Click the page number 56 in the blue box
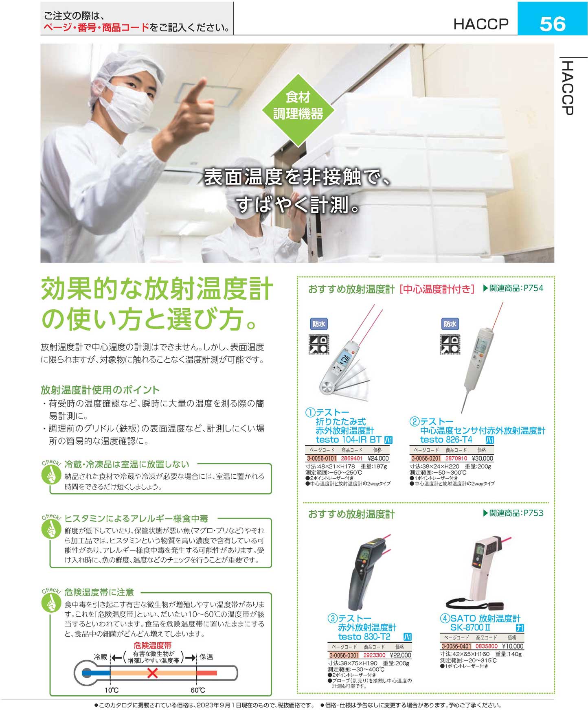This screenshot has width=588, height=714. pyautogui.click(x=552, y=24)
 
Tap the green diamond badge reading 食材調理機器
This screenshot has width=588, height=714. pyautogui.click(x=298, y=110)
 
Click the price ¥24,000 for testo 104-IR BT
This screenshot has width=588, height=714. pyautogui.click(x=378, y=458)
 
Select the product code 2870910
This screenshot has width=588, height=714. pyautogui.click(x=456, y=458)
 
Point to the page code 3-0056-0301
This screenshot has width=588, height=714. pyautogui.click(x=344, y=655)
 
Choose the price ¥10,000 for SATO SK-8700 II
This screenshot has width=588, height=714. pyautogui.click(x=513, y=646)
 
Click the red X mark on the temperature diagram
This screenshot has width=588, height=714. pyautogui.click(x=152, y=673)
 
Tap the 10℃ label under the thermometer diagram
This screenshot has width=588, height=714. pyautogui.click(x=111, y=690)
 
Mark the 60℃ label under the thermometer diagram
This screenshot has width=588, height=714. pyautogui.click(x=198, y=690)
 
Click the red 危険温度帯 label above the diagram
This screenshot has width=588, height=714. pyautogui.click(x=153, y=645)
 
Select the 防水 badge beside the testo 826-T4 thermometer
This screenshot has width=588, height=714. pyautogui.click(x=450, y=324)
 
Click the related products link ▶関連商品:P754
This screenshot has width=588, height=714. pyautogui.click(x=513, y=288)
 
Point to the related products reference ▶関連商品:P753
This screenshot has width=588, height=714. pyautogui.click(x=513, y=513)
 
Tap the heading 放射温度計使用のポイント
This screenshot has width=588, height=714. pyautogui.click(x=100, y=390)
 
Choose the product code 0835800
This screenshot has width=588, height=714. pyautogui.click(x=487, y=646)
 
